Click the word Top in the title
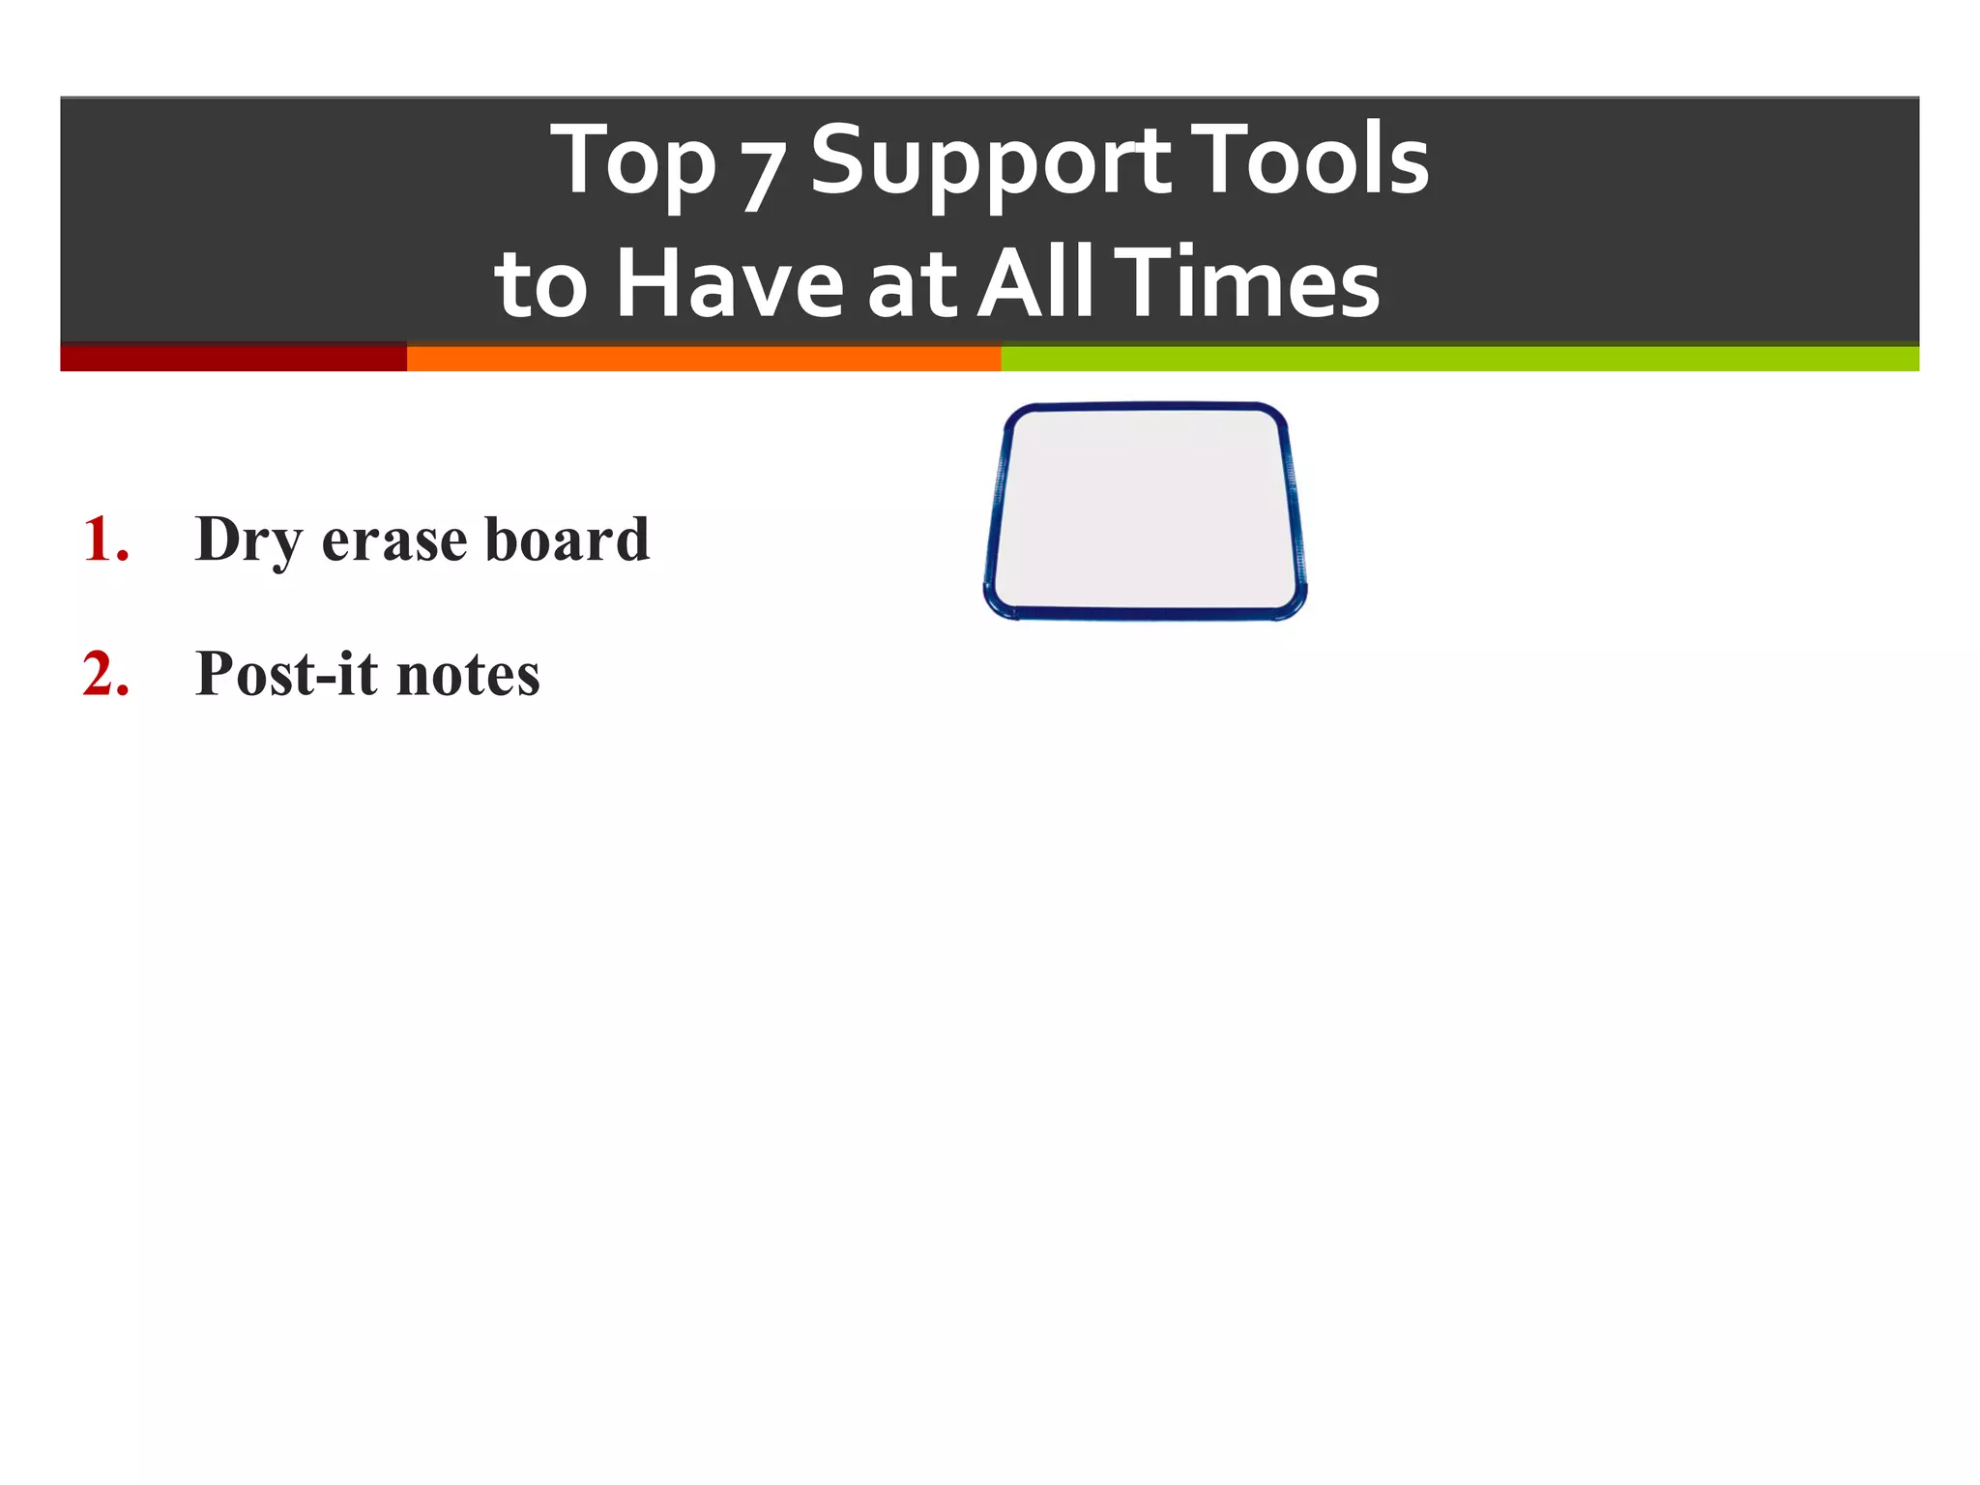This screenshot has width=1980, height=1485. [x=633, y=162]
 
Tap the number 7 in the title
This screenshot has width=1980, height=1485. [x=762, y=174]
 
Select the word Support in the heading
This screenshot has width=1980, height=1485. [x=991, y=162]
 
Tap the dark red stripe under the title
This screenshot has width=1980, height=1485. [x=233, y=358]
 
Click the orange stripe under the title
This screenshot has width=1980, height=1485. [x=703, y=359]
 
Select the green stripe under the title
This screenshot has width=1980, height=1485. [x=1460, y=359]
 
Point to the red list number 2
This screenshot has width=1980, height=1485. [x=105, y=674]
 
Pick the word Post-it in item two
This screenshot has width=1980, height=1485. [x=286, y=674]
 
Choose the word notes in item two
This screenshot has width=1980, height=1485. [x=468, y=676]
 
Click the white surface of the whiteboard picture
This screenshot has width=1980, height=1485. [x=1146, y=510]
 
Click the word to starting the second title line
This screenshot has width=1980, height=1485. [x=540, y=285]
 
